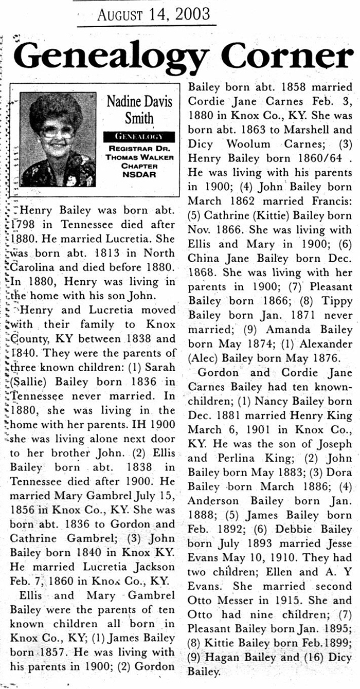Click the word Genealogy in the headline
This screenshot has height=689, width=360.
[x=111, y=58]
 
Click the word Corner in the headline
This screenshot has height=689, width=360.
[x=289, y=58]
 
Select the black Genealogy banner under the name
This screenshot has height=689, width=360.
[x=139, y=137]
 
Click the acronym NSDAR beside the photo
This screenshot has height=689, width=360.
[x=139, y=174]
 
